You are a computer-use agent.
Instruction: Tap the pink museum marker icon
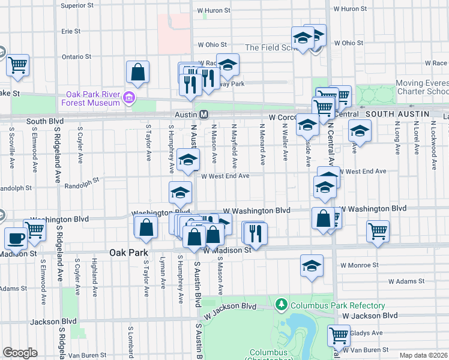pyautogui.click(x=128, y=97)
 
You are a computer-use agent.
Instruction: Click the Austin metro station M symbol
pyautogui.click(x=203, y=114)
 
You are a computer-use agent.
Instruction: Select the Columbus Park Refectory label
pyautogui.click(x=328, y=305)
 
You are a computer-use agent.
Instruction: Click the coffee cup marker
pyautogui.click(x=16, y=238)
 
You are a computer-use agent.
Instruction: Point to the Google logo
pyautogui.click(x=20, y=353)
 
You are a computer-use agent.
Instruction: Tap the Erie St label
pyautogui.click(x=71, y=31)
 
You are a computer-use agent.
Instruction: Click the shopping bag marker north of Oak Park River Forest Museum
pyautogui.click(x=138, y=72)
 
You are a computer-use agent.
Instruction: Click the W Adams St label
pyautogui.click(x=406, y=280)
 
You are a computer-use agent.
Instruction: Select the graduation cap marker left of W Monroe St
pyautogui.click(x=312, y=266)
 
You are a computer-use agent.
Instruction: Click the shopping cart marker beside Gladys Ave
pyautogui.click(x=339, y=336)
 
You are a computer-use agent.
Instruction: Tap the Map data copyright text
pyautogui.click(x=424, y=355)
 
